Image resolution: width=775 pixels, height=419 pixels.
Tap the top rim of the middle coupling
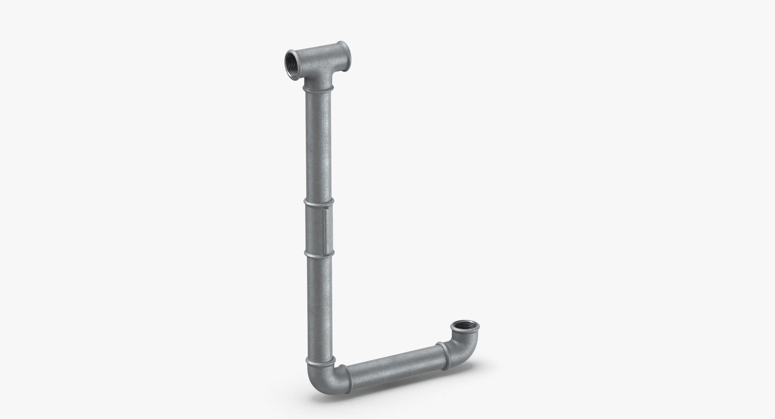coord(319,201)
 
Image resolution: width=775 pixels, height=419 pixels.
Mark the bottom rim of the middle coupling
coord(319,254)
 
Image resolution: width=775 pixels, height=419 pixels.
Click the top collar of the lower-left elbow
coord(320,360)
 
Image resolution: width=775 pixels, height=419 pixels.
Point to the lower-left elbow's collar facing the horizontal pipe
coord(341,378)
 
